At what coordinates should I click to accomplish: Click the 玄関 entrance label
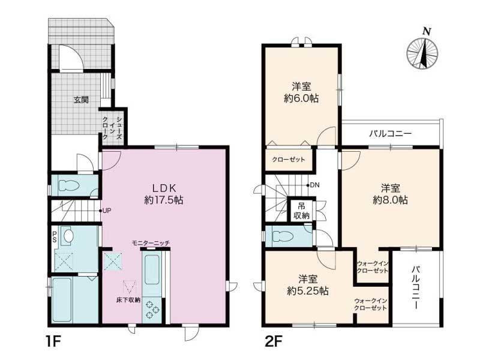click(81, 100)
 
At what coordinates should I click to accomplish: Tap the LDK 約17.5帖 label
click(164, 194)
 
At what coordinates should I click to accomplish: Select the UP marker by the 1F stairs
click(105, 211)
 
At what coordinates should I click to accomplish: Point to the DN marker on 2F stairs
click(313, 185)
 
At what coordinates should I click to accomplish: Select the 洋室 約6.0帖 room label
click(301, 92)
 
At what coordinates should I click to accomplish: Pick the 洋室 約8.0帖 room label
click(391, 194)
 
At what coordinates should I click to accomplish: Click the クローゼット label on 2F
click(289, 160)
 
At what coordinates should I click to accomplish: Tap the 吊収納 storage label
click(302, 211)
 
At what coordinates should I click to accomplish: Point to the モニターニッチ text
click(151, 243)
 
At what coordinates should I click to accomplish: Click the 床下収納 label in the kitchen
click(128, 300)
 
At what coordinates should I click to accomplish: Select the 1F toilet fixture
click(68, 185)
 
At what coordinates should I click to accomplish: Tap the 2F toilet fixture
click(283, 236)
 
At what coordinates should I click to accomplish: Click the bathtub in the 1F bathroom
click(62, 299)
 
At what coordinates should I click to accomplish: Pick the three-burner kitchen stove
click(151, 309)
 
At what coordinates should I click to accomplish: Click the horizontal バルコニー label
click(391, 134)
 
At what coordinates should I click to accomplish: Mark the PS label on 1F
click(55, 237)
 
